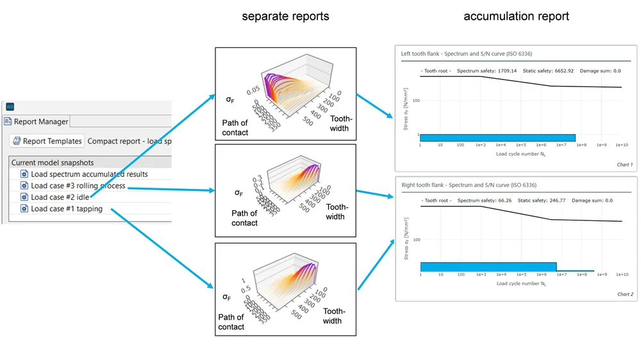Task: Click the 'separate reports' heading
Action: pos(285,16)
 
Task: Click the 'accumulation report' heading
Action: pos(516,16)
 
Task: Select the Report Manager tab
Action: pos(39,121)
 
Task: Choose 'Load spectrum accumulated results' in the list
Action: pos(89,174)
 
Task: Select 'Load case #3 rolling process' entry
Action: pos(78,186)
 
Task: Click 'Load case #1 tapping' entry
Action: pos(66,209)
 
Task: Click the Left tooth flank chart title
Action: pos(467,54)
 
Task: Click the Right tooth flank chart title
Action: pos(469,185)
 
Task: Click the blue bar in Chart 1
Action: pos(497,138)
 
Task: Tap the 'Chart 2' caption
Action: pos(624,295)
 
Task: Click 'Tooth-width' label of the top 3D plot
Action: pos(339,124)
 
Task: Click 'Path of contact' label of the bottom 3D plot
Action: pos(231,322)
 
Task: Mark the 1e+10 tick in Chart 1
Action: pos(621,145)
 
